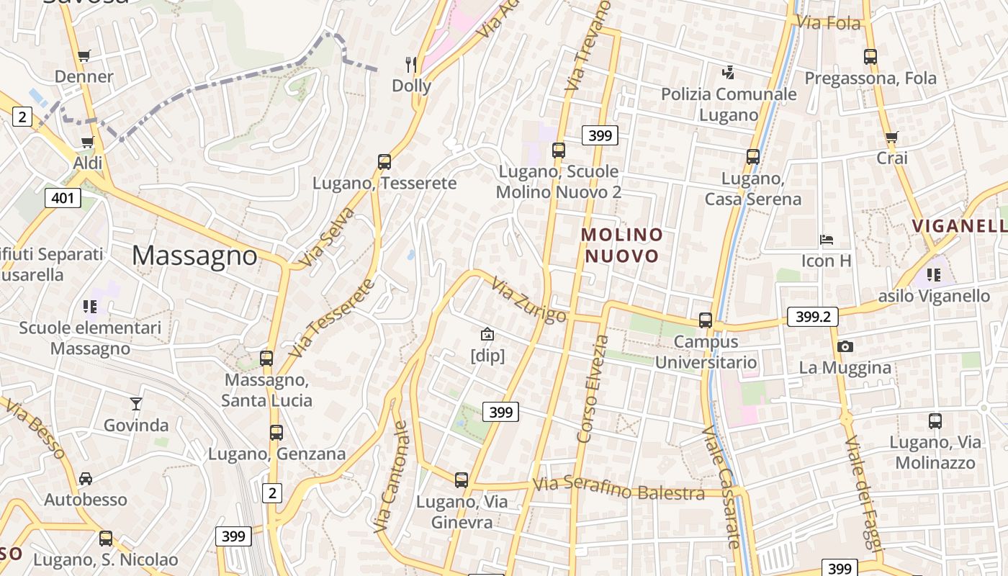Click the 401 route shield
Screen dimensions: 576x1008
63,198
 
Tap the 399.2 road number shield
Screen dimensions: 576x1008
814,316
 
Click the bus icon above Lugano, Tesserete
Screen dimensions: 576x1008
384,162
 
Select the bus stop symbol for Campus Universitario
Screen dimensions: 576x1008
706,320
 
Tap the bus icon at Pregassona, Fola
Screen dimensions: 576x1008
870,56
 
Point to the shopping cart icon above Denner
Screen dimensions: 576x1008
84,55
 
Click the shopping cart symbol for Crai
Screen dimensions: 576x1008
891,137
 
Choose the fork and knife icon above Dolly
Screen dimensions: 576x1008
411,65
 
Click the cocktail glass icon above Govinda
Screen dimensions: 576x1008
136,403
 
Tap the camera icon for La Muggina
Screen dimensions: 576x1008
845,346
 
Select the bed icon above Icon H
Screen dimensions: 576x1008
827,239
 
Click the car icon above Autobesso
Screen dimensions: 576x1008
86,478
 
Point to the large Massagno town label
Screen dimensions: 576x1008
194,256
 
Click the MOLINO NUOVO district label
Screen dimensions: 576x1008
622,246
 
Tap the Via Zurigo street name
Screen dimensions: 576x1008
529,300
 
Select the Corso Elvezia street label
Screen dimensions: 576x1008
593,389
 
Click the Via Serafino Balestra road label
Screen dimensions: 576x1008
618,489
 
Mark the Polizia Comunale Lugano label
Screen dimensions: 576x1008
729,104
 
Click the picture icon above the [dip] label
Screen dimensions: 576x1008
487,334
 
